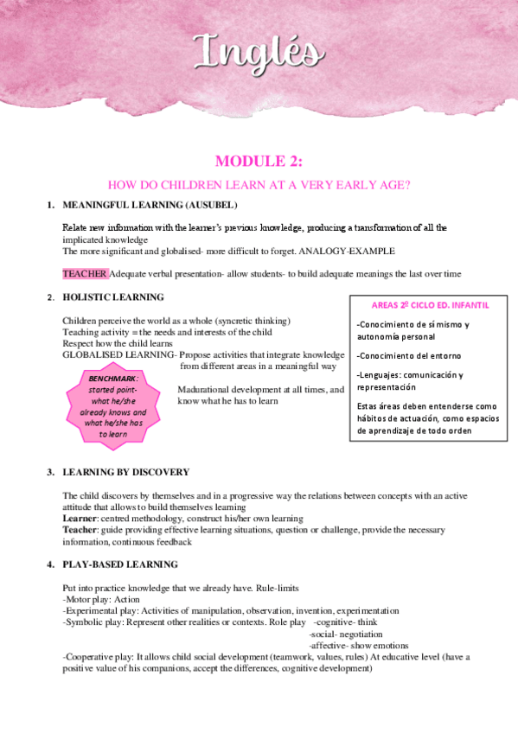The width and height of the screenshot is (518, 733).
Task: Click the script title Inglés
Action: [x=259, y=51]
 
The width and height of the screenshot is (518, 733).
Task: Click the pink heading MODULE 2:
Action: [x=259, y=161]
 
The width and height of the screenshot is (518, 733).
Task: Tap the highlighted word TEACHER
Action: [x=85, y=274]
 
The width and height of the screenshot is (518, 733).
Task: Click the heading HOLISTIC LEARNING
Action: [x=113, y=297]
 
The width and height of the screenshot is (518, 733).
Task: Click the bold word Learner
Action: [x=80, y=517]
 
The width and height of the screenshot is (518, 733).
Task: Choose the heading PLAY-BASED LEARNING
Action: [x=120, y=564]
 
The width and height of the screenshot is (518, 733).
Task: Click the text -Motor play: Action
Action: [x=102, y=598]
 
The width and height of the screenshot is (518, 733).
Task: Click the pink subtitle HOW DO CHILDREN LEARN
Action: [x=258, y=184]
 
